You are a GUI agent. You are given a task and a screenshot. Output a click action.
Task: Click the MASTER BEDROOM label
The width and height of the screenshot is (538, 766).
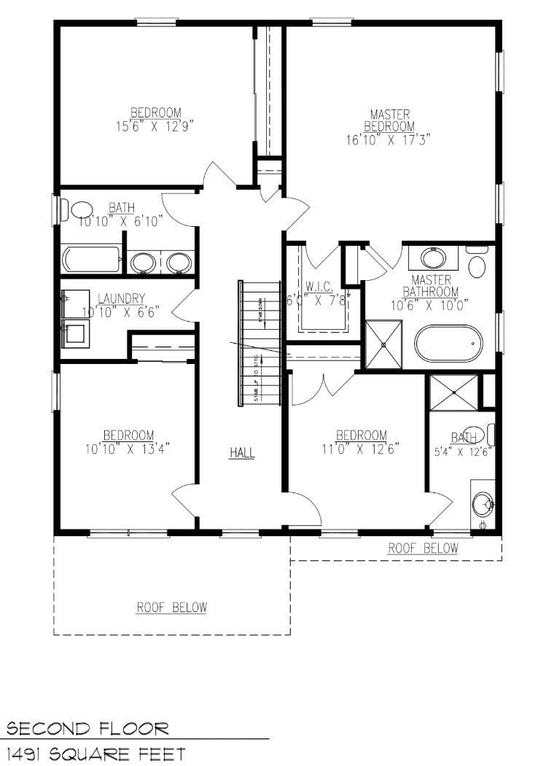tap(389, 120)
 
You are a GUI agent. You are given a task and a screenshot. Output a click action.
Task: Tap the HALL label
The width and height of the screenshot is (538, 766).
tap(242, 453)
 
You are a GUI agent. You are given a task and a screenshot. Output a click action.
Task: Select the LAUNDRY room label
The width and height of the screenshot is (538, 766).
tap(122, 298)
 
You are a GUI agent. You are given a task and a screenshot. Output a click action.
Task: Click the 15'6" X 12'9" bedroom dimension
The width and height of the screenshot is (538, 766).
tap(155, 125)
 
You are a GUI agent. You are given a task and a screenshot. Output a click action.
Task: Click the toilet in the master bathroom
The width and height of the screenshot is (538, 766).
tap(477, 263)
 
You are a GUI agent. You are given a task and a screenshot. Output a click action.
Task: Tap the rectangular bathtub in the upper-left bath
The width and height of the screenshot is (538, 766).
tap(92, 260)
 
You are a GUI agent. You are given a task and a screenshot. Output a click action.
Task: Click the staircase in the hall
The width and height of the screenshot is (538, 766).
tap(260, 343)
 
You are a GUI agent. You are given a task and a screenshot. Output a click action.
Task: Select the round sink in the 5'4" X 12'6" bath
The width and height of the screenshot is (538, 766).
tap(483, 503)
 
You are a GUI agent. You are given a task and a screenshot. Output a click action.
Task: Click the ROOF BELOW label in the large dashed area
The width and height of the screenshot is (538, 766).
tap(172, 607)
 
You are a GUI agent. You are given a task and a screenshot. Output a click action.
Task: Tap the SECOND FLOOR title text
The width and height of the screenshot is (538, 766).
tap(87, 728)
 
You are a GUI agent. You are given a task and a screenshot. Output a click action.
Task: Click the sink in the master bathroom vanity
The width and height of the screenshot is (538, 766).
tap(433, 258)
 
